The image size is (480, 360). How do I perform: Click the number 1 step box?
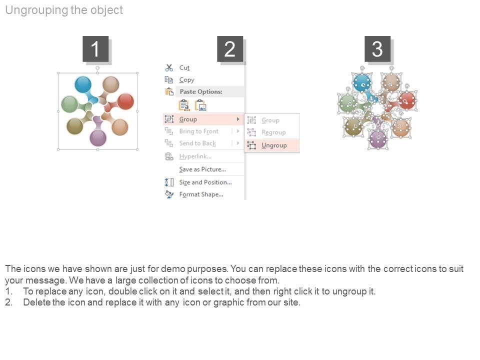95,49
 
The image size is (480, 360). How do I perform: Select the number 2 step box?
230,49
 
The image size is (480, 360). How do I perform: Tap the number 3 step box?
377,49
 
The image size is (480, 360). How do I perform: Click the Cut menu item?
184,67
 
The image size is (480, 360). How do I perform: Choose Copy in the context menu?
186,80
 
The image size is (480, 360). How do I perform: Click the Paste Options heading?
201,92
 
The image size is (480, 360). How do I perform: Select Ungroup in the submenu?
274,145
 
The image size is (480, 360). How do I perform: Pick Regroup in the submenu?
273,132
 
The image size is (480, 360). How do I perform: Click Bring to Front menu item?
199,131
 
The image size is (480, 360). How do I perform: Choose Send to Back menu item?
197,143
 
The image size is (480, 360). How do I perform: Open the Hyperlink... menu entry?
195,156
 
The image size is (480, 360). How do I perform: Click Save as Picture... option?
202,169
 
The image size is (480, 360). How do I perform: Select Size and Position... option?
205,182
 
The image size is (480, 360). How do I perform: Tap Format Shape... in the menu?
201,194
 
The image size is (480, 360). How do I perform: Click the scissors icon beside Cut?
169,67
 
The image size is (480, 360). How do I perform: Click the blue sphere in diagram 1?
83,84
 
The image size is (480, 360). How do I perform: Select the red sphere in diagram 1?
125,101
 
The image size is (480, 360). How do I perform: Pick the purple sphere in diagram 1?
98,138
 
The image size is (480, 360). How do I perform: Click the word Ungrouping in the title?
36,10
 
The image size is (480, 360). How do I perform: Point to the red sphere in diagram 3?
407,100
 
